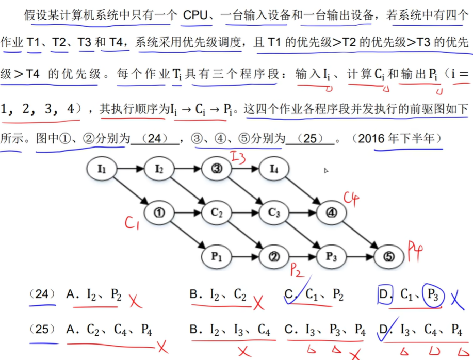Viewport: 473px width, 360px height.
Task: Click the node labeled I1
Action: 102,168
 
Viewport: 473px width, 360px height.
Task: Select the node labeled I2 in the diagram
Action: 159,168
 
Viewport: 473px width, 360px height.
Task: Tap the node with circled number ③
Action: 217,168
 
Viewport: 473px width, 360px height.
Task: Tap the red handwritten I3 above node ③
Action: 238,155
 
